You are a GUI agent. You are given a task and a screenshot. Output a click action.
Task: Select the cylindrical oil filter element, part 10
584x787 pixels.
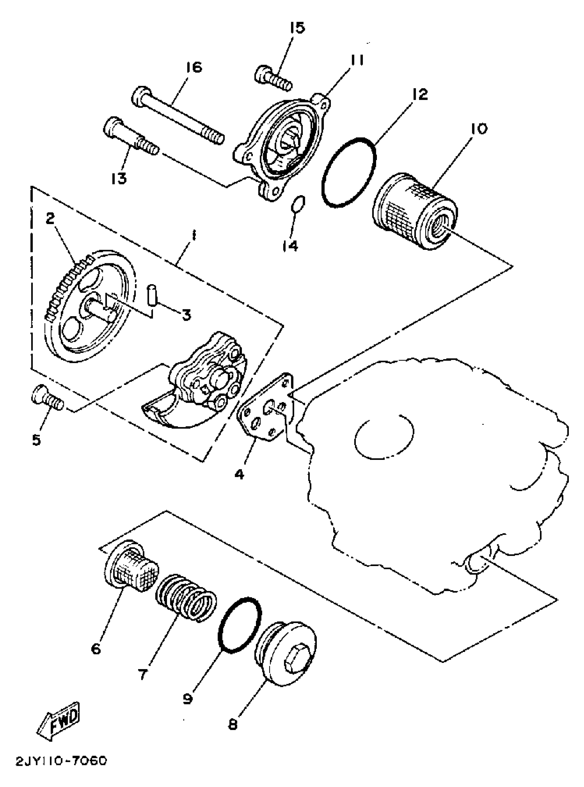point(415,211)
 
